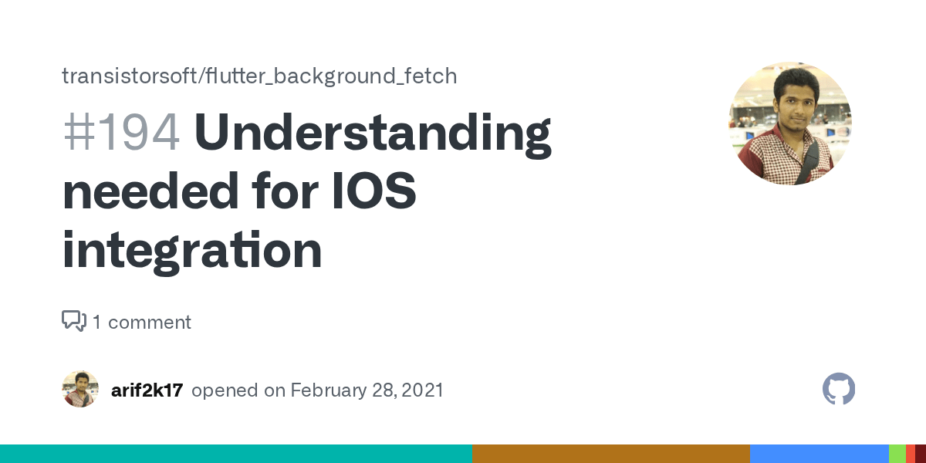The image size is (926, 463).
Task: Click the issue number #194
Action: [x=121, y=133]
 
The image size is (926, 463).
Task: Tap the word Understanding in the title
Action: [x=373, y=133]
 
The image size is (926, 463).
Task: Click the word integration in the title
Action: [x=191, y=251]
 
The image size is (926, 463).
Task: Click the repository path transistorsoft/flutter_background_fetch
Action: [x=259, y=76]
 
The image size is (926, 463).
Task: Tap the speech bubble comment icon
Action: [x=73, y=321]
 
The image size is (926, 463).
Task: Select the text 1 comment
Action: [x=142, y=322]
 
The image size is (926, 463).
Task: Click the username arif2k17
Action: [x=147, y=390]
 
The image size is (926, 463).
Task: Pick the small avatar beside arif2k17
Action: [x=80, y=389]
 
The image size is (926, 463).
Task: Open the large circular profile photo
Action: [x=789, y=123]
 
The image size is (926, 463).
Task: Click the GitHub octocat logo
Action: [x=839, y=389]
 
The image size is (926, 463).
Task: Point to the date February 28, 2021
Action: [x=367, y=390]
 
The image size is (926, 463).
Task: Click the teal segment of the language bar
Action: [x=235, y=454]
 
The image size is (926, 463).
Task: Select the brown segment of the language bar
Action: [x=610, y=454]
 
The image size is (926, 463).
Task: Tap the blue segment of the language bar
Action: [x=819, y=454]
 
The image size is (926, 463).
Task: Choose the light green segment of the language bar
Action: [x=897, y=454]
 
